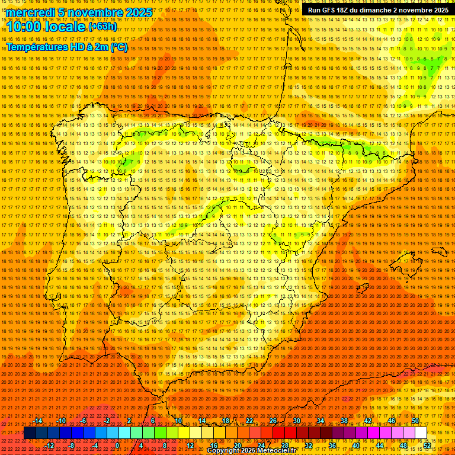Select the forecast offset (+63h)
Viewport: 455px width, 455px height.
[103, 26]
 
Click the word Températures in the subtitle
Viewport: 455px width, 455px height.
[36, 47]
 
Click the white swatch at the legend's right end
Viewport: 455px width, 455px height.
[421, 433]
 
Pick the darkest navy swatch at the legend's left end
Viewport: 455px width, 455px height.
[30, 433]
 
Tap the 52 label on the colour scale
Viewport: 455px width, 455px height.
[427, 446]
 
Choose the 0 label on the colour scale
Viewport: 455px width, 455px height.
[117, 446]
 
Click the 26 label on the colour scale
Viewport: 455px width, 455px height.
[273, 421]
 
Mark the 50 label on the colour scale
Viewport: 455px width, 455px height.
[415, 421]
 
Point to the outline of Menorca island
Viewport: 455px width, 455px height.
[439, 252]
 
